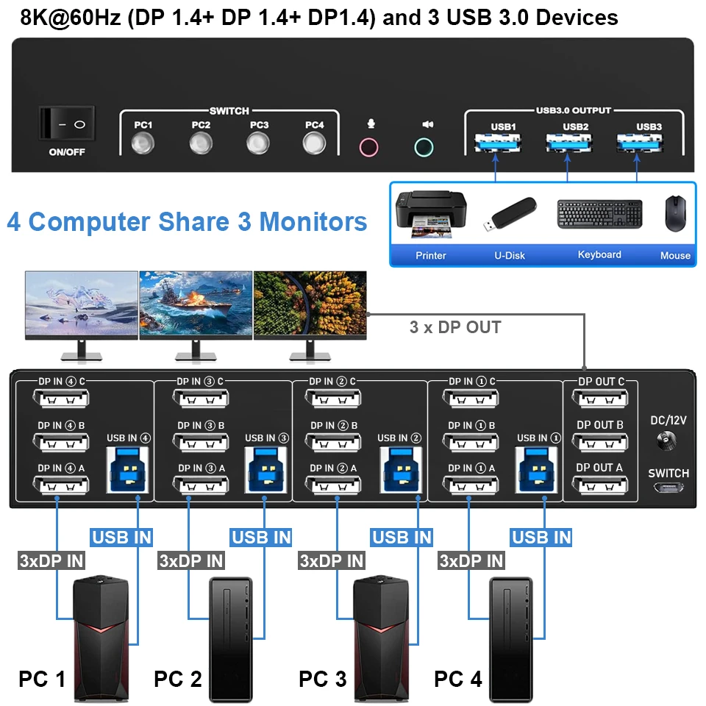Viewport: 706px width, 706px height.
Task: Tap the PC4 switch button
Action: pyautogui.click(x=315, y=143)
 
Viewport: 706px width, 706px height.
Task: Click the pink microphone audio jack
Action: pyautogui.click(x=369, y=146)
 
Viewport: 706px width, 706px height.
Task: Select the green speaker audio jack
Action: pyautogui.click(x=424, y=146)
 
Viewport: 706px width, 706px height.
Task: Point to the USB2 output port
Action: pyautogui.click(x=567, y=141)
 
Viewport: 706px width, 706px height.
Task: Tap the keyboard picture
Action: pyautogui.click(x=599, y=213)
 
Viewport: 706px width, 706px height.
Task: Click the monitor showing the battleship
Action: pyautogui.click(x=196, y=304)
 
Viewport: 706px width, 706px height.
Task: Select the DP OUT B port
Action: pyautogui.click(x=599, y=443)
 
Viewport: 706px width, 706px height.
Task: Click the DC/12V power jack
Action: pyautogui.click(x=668, y=442)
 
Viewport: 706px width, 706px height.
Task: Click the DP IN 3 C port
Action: pyautogui.click(x=201, y=399)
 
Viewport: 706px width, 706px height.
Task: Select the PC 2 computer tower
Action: pyautogui.click(x=232, y=638)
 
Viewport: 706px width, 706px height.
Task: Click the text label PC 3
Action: pyautogui.click(x=323, y=679)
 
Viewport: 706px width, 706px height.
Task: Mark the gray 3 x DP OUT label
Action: pyautogui.click(x=455, y=327)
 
